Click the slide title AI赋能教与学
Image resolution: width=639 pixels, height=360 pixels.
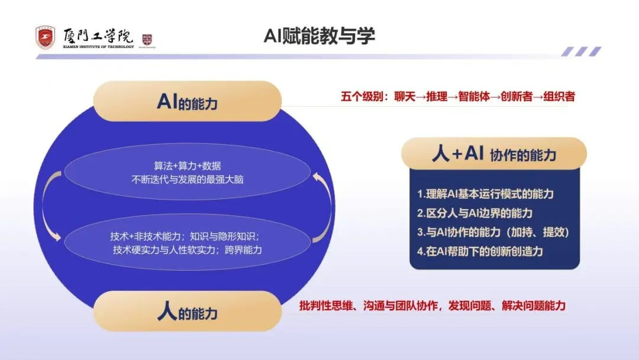point(319,36)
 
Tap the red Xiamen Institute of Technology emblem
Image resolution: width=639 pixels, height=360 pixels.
point(44,38)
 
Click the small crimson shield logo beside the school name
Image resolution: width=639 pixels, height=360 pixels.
point(147,40)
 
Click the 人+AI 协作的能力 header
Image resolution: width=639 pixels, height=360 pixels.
point(494,155)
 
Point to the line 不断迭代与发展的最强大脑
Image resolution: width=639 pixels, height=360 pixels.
point(187,178)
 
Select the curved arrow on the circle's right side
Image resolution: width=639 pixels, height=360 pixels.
point(319,205)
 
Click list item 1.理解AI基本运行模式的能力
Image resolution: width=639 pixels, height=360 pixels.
point(485,194)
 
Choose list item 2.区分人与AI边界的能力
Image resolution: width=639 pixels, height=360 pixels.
point(475,213)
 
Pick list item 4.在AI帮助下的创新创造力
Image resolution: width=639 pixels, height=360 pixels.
point(480,250)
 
